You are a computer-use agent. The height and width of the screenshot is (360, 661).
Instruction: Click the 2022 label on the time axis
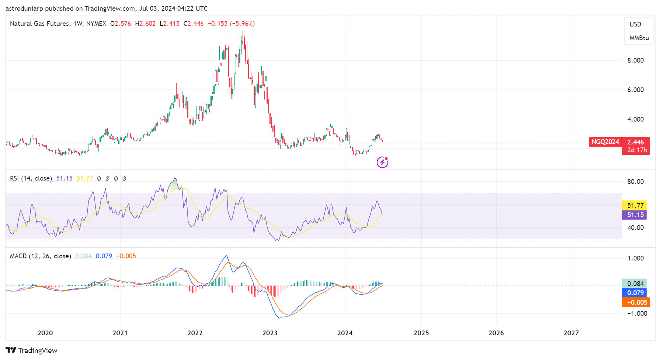[195, 333]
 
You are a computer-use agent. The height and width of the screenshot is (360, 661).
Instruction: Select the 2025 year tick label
[421, 333]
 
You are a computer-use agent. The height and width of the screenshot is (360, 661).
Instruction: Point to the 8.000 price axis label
[636, 60]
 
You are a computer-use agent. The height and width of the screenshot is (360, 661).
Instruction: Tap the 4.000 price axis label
[636, 119]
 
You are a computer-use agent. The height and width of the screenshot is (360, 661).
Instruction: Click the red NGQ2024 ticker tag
[605, 142]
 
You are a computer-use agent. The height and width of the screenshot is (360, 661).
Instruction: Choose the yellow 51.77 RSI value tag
[635, 206]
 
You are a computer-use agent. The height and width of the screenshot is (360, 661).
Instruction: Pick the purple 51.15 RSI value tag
[635, 215]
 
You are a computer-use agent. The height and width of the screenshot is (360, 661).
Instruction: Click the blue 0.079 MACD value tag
[635, 293]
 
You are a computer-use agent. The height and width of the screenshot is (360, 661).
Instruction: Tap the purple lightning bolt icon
[382, 162]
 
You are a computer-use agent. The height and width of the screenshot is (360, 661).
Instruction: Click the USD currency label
[635, 24]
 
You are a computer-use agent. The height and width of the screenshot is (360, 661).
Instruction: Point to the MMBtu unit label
[639, 38]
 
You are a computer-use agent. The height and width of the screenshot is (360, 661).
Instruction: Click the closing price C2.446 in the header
[194, 24]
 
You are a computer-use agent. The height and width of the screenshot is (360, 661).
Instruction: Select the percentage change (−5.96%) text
[242, 24]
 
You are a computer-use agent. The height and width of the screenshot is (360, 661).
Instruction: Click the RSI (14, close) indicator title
[31, 178]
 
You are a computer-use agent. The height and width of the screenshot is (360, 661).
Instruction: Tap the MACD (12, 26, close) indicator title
[41, 256]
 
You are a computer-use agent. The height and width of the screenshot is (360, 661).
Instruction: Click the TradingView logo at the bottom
[32, 350]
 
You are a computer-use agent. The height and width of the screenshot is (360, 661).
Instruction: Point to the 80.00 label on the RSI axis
[636, 182]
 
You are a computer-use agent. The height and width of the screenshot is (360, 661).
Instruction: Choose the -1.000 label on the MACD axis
[637, 314]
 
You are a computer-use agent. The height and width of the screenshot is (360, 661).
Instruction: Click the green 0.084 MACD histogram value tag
[635, 284]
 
